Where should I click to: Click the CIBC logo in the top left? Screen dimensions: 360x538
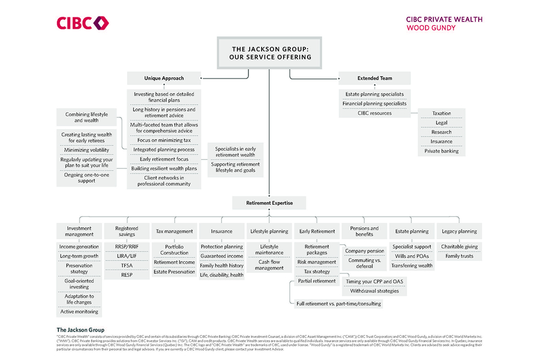83,23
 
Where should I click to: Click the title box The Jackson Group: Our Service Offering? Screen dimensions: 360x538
269,53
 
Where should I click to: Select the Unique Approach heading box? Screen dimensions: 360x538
164,78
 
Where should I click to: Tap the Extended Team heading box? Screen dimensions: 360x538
375,78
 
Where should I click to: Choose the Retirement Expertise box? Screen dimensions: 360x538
269,203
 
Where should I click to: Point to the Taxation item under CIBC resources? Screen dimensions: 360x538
441,114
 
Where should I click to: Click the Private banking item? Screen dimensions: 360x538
441,151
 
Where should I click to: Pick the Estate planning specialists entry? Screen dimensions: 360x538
375,94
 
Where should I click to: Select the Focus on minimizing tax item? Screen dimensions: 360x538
164,140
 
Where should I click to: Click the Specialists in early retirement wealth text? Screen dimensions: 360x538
235,152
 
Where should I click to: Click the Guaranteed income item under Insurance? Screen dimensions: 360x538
222,256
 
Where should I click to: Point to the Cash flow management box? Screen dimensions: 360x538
269,265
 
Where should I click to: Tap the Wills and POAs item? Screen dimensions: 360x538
412,256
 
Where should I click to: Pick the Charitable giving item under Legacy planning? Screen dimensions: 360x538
460,247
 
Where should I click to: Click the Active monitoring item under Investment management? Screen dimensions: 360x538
79,312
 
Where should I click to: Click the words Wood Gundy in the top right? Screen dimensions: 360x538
431,27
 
